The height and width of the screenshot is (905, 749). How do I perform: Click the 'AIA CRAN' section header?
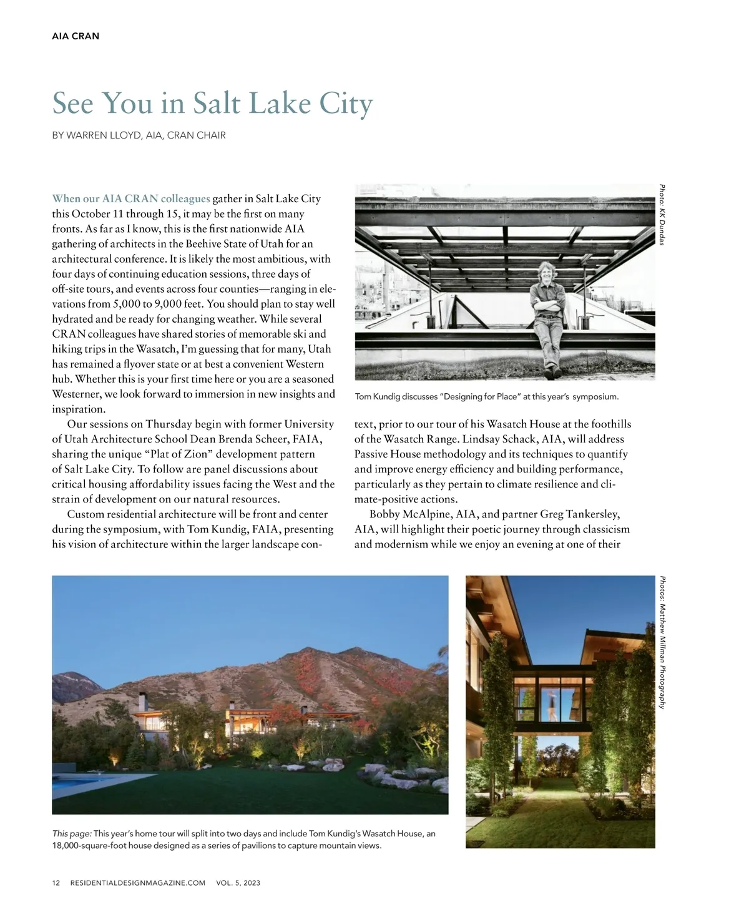click(76, 36)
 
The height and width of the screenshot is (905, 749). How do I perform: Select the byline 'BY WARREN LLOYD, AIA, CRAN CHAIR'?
click(139, 135)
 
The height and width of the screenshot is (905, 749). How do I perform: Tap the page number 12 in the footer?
click(56, 883)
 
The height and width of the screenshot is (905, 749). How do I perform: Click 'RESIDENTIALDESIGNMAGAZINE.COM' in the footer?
click(138, 883)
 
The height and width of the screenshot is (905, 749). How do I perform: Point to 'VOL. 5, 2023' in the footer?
click(238, 883)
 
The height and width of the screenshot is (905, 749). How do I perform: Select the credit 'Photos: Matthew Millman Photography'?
click(662, 642)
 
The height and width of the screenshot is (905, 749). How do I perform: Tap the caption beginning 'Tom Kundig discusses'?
click(486, 396)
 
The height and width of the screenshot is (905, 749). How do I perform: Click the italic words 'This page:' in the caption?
click(72, 834)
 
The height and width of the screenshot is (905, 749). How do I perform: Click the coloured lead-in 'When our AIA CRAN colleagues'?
click(131, 199)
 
